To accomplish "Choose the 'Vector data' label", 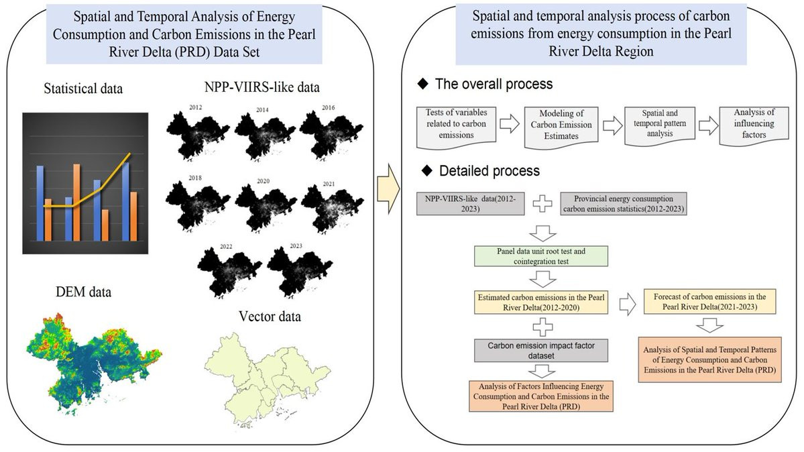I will (269, 317).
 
